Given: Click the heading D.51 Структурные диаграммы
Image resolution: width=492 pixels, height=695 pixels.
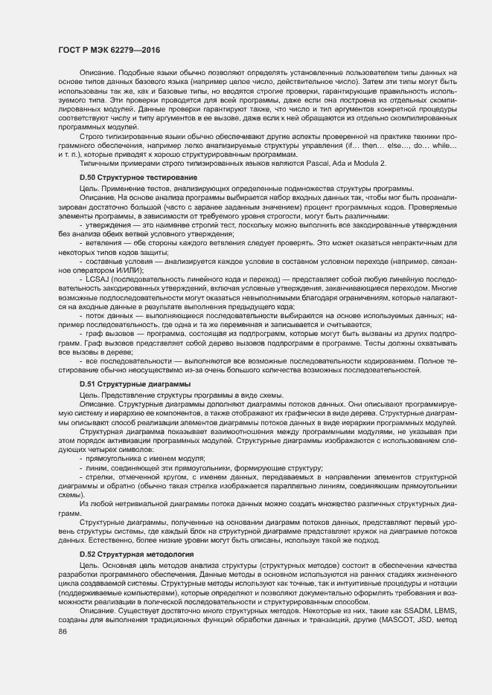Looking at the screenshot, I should coord(124,383).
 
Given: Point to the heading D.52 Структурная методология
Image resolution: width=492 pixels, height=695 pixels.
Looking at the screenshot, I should coord(126,555).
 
